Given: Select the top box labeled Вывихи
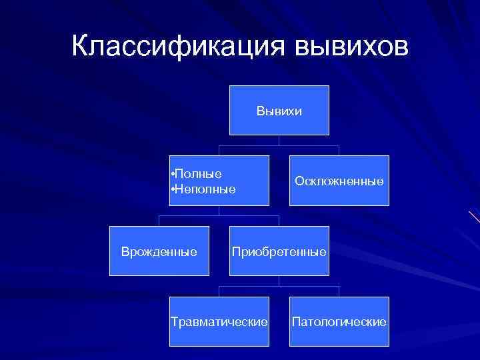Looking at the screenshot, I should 279,110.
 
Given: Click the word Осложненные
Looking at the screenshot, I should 339,181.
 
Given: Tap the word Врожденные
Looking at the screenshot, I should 159,252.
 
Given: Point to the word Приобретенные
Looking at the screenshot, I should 279,252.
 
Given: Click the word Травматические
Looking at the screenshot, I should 219,322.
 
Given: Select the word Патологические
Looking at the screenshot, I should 339,322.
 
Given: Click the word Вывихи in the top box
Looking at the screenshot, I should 279,111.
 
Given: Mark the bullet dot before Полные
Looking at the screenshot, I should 172,174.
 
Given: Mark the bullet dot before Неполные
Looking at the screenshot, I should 172,189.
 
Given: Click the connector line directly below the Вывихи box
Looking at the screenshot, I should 279,140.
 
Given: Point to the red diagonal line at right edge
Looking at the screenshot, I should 474,216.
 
